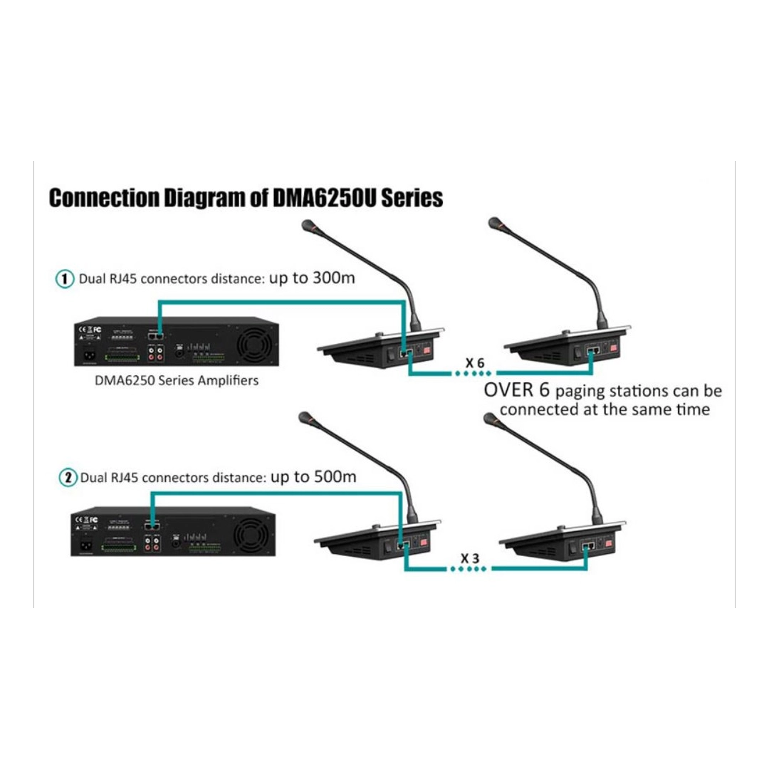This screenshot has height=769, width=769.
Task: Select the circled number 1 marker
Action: pos(65,279)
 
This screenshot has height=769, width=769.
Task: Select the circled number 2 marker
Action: pos(68,478)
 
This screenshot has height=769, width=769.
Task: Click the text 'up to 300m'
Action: pos(312,278)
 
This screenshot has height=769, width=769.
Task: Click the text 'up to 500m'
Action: pos(313,476)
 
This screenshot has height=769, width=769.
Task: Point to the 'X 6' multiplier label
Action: pos(475,363)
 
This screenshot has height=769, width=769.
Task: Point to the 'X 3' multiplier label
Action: pos(470,559)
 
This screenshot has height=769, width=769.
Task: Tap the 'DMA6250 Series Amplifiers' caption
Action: pos(177,380)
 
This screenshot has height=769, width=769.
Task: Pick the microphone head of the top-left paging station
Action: pos(310,226)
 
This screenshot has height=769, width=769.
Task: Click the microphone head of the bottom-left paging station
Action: pos(306,419)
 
